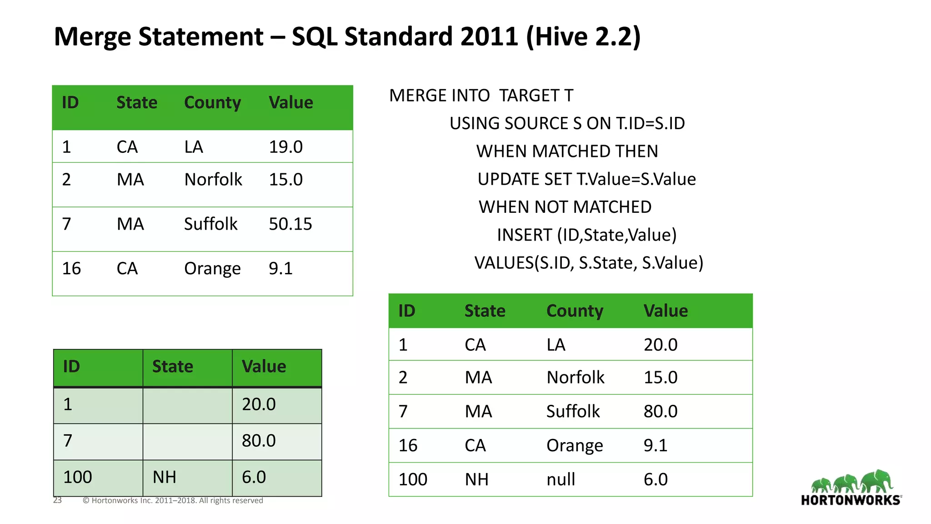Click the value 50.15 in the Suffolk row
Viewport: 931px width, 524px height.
point(290,224)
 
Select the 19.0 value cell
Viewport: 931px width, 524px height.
point(285,147)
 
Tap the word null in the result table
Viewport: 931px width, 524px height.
point(561,479)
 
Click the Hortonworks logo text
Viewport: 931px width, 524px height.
point(851,500)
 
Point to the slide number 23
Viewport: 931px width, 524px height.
point(57,500)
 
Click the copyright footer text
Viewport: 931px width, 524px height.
point(173,501)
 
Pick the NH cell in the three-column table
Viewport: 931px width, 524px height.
point(164,477)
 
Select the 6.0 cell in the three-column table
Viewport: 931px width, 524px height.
point(254,477)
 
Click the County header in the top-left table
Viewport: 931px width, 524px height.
point(212,103)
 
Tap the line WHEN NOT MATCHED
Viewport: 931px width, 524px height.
point(565,207)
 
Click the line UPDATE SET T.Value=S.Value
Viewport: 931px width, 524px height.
point(586,179)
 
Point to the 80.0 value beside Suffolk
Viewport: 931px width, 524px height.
point(660,412)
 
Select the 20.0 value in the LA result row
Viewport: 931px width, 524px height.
point(660,345)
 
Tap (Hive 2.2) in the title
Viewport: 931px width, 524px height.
point(583,36)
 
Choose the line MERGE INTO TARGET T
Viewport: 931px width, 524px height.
point(481,96)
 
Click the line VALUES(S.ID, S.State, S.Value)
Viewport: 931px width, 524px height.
point(589,263)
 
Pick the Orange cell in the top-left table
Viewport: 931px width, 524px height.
point(212,269)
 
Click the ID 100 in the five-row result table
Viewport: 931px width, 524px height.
point(412,479)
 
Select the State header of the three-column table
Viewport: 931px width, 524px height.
point(172,367)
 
